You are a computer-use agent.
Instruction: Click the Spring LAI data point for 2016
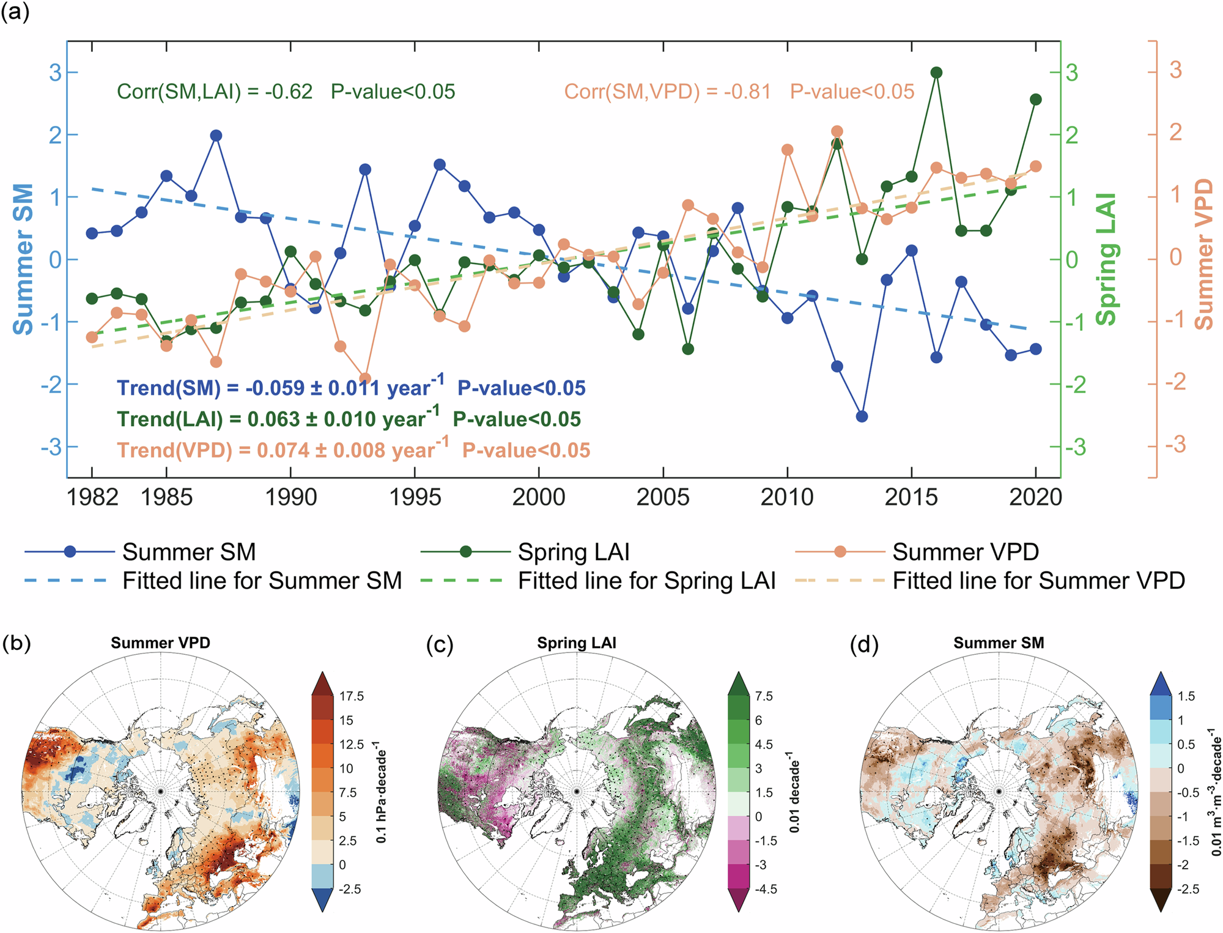tap(936, 73)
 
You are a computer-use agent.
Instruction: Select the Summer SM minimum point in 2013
tap(862, 416)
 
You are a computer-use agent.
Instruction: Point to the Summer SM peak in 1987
tap(216, 136)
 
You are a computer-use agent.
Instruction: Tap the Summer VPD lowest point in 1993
tap(365, 378)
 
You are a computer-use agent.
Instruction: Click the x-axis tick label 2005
tap(663, 497)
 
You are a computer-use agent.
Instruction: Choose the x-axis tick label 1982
tap(92, 497)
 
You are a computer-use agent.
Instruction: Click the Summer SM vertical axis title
tap(23, 259)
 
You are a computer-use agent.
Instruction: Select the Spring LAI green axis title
tap(1106, 259)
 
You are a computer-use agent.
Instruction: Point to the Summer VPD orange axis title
tap(1204, 254)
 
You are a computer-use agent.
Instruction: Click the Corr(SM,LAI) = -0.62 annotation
tap(215, 92)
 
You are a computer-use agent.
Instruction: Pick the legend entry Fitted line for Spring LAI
tap(646, 581)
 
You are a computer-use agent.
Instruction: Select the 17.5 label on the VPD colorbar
tap(352, 696)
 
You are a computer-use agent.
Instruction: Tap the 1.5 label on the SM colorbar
tap(1186, 696)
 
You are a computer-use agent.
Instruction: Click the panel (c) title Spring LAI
tap(577, 643)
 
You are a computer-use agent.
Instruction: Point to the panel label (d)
tap(864, 644)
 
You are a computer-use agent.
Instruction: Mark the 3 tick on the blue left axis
tap(56, 73)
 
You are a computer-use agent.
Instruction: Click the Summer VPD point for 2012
tap(837, 131)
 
